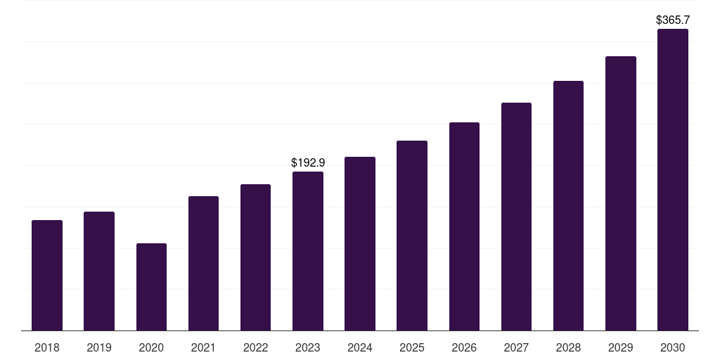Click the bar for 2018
pos(47,276)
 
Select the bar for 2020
pos(152,287)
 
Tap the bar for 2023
pos(308,251)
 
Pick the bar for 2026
pos(464,226)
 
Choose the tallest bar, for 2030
pos(673,179)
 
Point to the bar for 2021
pos(203,264)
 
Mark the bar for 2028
pos(568,206)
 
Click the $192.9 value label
pos(308,162)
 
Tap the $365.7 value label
pos(673,20)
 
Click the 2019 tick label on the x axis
pos(99,347)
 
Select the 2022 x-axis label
pos(255,347)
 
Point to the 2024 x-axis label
pos(360,347)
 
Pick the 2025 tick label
pos(412,347)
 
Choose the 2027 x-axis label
pos(516,347)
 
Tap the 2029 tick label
pos(621,347)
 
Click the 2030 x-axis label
pos(673,347)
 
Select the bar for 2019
pos(99,271)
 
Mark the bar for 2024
pos(360,244)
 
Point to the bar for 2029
pos(621,193)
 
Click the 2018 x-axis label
pos(47,347)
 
